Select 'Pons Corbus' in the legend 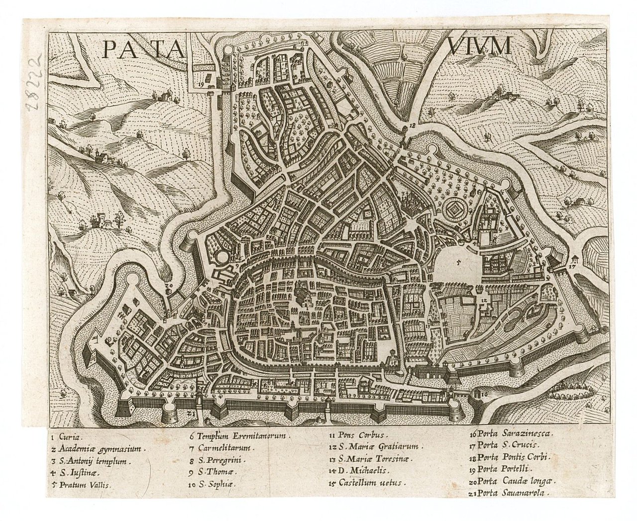(x=359, y=435)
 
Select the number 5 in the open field (x=458, y=260)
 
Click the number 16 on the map (x=484, y=394)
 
